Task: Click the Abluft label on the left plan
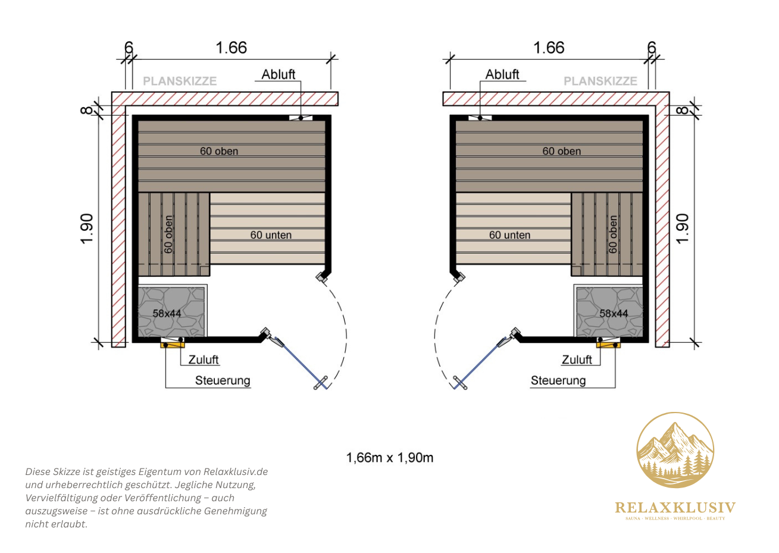[x=279, y=74]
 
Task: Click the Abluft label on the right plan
[x=502, y=74]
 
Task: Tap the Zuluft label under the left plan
[x=204, y=360]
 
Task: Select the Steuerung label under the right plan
[x=558, y=380]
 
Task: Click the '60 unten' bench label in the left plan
[x=271, y=235]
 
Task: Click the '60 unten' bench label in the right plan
[x=510, y=235]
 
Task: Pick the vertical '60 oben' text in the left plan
[x=168, y=235]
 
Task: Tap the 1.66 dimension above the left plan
[x=231, y=48]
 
